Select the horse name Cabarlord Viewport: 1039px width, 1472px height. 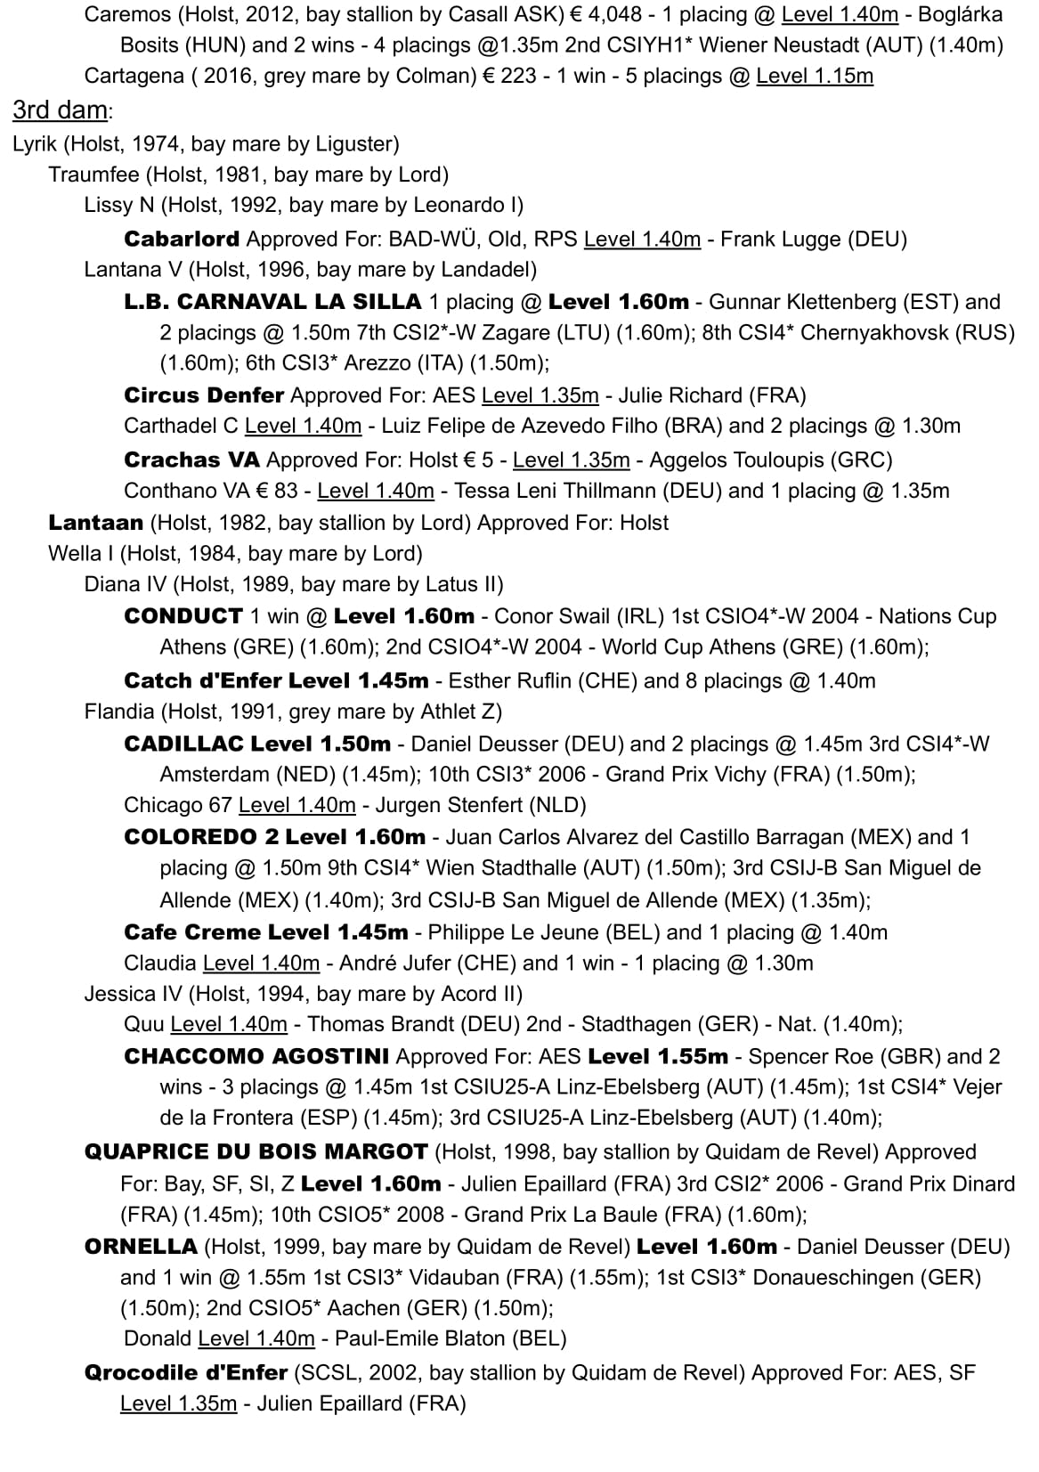tap(182, 239)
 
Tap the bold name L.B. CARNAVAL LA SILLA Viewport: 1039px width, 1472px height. tap(272, 302)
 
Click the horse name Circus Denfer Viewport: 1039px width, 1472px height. tap(204, 394)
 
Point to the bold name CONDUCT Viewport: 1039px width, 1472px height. tap(183, 616)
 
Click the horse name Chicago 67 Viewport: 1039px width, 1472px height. tap(178, 805)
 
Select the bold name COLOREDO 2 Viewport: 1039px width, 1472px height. tap(201, 837)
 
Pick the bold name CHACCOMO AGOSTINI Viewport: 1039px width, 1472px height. tap(256, 1056)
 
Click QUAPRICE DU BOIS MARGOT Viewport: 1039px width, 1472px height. tap(256, 1151)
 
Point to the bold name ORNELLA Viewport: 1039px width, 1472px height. tap(141, 1247)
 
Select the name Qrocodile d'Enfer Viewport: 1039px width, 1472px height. tap(186, 1372)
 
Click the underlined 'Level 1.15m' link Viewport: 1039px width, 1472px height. tap(815, 77)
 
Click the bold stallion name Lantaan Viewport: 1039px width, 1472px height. tap(95, 522)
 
